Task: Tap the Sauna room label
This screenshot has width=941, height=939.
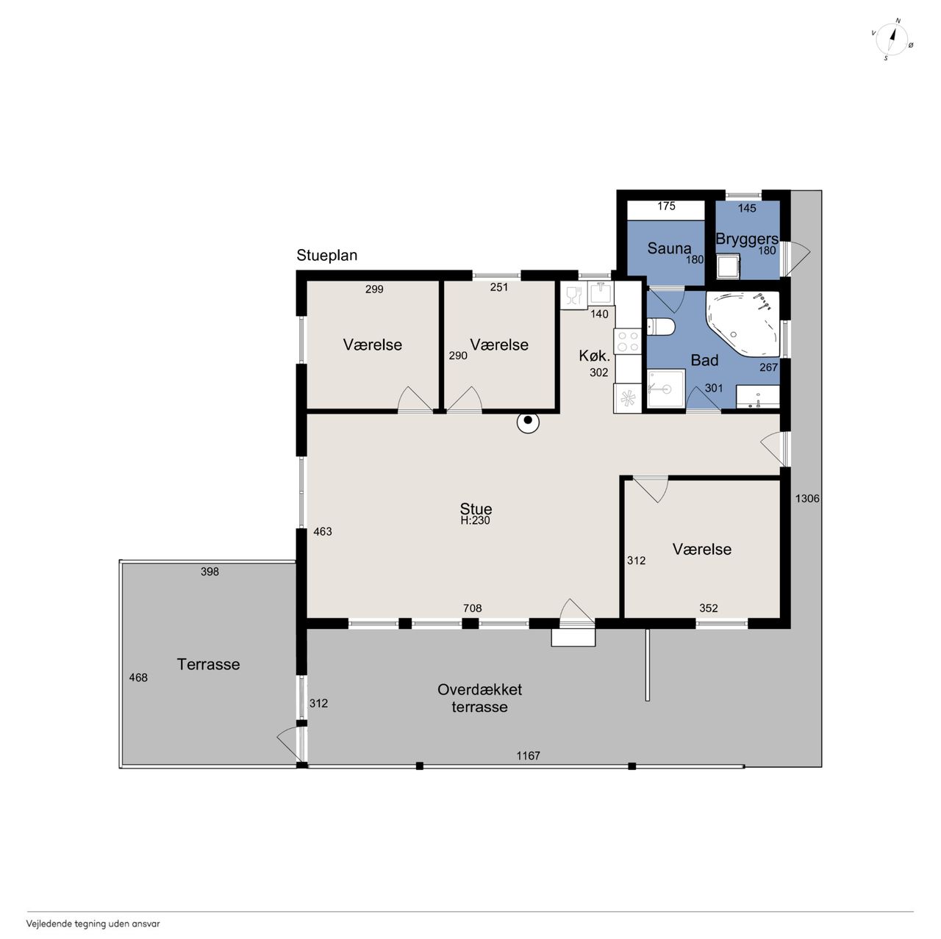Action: (x=669, y=248)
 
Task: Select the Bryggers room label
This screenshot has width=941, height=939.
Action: (x=747, y=239)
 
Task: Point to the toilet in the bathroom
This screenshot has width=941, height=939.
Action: (x=661, y=327)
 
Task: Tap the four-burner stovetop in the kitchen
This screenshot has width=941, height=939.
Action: (x=628, y=341)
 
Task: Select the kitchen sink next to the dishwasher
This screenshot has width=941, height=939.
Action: (x=601, y=294)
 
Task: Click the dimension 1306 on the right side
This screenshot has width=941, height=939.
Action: (x=807, y=498)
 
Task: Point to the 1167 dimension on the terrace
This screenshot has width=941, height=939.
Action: (x=529, y=755)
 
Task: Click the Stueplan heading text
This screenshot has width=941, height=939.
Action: (x=327, y=255)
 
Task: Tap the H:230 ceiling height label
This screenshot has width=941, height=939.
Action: (x=475, y=520)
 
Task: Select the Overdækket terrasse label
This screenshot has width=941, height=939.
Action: (x=479, y=698)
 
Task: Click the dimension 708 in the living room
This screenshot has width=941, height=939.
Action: (x=472, y=608)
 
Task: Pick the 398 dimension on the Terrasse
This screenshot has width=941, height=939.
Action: (x=210, y=572)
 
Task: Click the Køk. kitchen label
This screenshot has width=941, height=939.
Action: (x=594, y=356)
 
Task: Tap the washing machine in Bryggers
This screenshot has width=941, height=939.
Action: (x=728, y=266)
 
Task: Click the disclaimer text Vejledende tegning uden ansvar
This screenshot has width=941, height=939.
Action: (x=93, y=924)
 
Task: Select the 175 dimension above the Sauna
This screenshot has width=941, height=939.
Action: (x=666, y=206)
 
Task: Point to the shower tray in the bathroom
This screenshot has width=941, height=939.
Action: (x=666, y=388)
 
